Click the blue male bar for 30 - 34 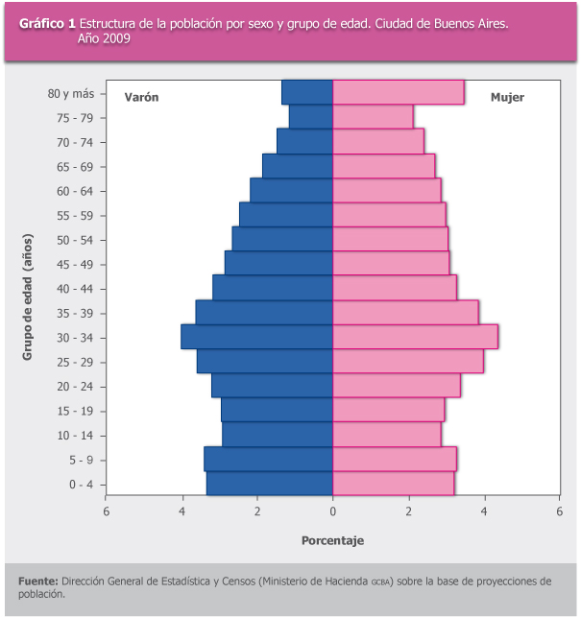[256, 337]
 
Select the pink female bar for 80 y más [399, 92]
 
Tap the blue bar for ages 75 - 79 [311, 117]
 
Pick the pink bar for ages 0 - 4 [394, 484]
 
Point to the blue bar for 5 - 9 [269, 459]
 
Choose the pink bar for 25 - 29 [408, 361]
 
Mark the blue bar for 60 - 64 [292, 190]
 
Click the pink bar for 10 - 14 [387, 435]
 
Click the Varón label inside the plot [141, 97]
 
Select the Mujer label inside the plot [507, 98]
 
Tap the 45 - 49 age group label [75, 265]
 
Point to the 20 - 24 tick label [75, 387]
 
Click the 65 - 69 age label [75, 167]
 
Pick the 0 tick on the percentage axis [333, 511]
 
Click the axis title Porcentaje [333, 540]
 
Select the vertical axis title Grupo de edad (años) [28, 297]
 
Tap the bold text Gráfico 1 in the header [47, 24]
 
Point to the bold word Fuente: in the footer [38, 581]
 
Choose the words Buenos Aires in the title [472, 24]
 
